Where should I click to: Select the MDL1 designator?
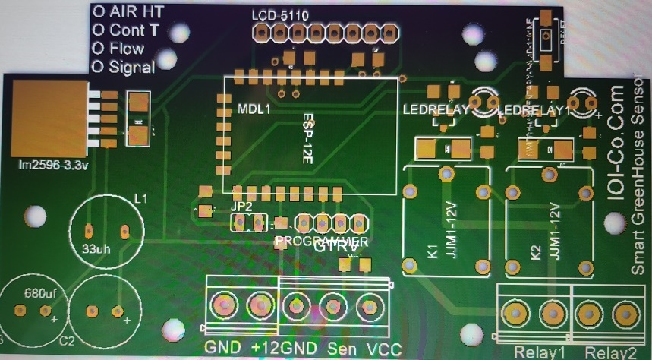click(254, 109)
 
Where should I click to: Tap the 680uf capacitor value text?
click(38, 292)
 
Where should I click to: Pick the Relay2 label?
click(610, 352)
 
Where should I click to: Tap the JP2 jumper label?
click(241, 206)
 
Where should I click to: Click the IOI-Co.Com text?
click(616, 144)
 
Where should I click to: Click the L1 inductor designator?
click(140, 198)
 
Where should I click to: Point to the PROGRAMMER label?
click(321, 240)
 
